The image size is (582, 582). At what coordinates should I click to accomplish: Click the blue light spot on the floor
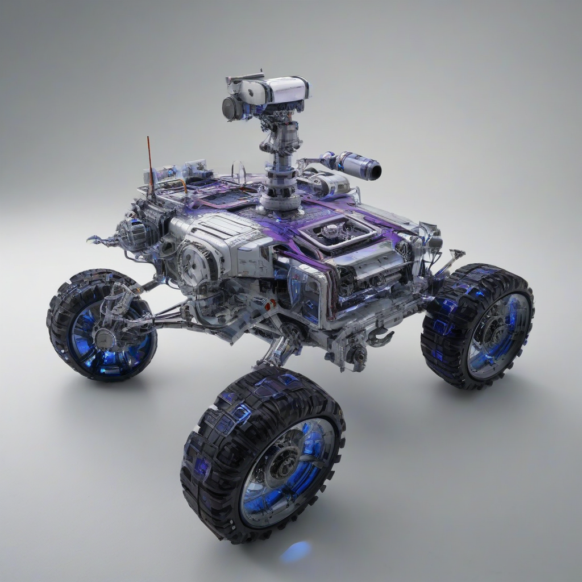tap(296, 551)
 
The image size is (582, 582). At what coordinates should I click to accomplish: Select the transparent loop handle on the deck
tap(239, 173)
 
